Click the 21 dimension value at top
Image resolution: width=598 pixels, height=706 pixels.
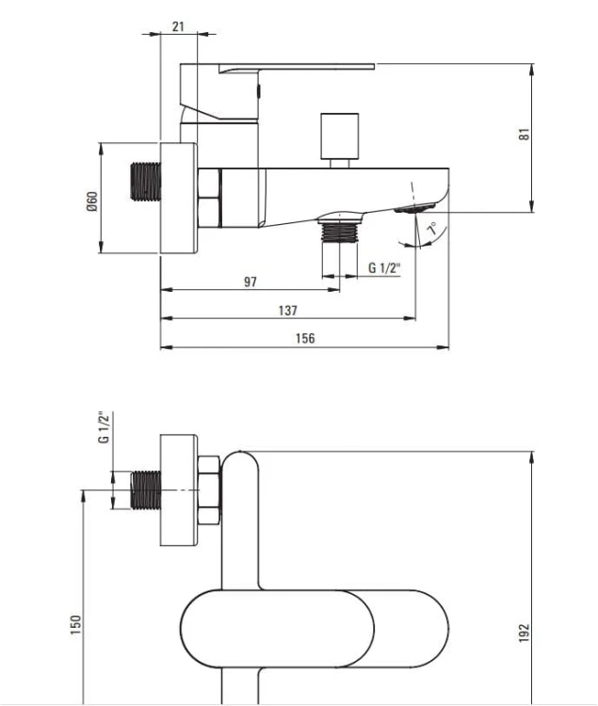point(178,26)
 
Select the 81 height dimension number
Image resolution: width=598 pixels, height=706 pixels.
point(525,135)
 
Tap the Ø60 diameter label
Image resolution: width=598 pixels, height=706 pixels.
point(92,201)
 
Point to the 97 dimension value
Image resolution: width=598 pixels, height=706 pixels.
point(251,281)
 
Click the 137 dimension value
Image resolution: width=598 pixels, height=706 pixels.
point(288,311)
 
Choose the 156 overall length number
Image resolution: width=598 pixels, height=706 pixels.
point(305,338)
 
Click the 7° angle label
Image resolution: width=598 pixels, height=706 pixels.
point(432,228)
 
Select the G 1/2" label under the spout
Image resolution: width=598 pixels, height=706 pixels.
point(384,268)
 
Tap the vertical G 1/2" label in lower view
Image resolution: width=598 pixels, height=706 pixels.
point(104,426)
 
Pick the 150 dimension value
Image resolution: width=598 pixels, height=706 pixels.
point(75,625)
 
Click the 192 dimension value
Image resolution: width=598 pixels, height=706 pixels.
point(525,633)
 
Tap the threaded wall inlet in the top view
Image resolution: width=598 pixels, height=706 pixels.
point(145,181)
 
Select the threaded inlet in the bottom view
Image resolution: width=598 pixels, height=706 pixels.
point(145,490)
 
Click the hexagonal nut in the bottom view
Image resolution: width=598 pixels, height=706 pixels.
point(208,490)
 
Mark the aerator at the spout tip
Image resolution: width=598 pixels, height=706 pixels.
point(414,208)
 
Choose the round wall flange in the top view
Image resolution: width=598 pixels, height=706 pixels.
point(179,198)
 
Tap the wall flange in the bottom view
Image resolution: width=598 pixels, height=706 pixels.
point(179,490)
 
